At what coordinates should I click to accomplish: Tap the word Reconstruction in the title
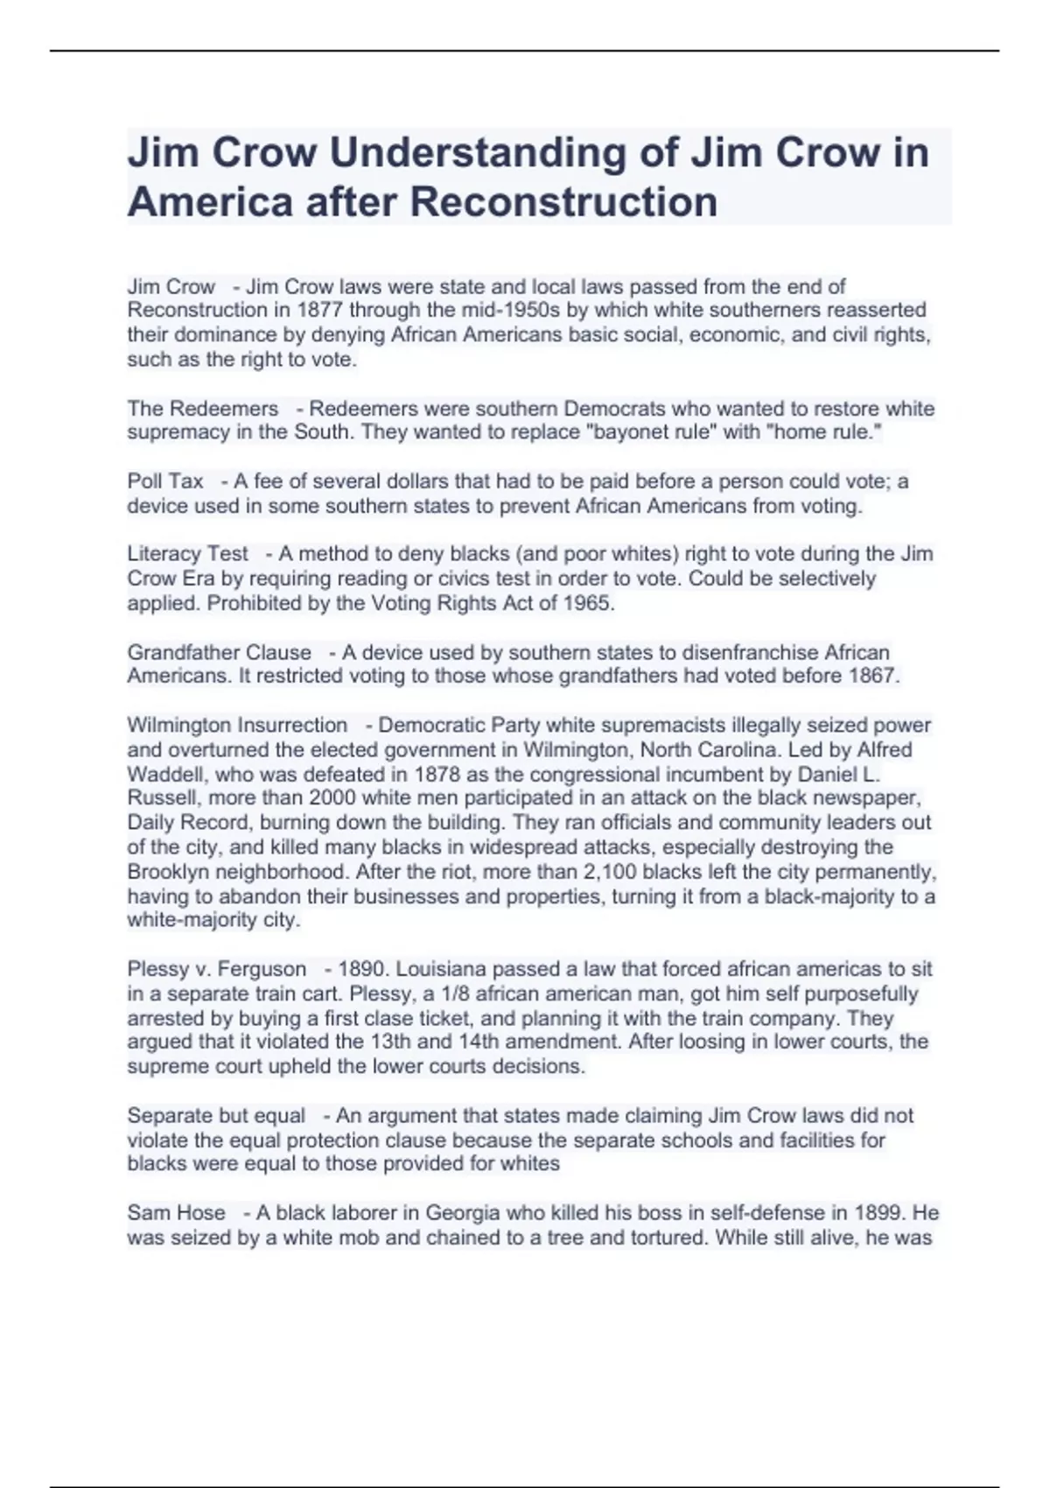(563, 201)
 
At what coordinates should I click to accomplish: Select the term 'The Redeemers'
(203, 409)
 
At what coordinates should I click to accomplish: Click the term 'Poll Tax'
(165, 481)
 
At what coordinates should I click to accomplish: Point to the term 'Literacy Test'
(188, 554)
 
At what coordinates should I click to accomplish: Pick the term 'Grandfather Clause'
(220, 653)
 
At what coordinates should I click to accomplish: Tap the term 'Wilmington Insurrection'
(238, 726)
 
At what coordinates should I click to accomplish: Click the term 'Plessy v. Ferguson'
(217, 969)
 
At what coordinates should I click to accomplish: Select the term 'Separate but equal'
(216, 1116)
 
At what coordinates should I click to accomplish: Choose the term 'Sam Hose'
(177, 1213)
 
